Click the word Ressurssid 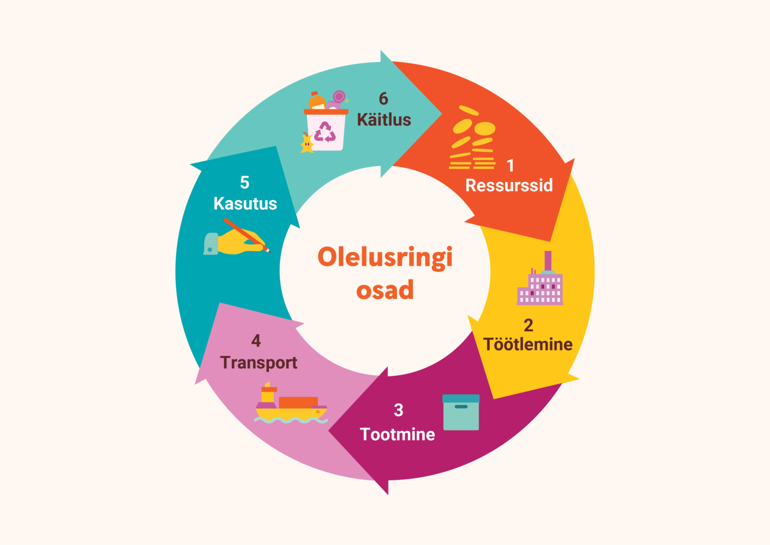click(509, 186)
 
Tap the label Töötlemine click(528, 344)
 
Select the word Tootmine click(398, 434)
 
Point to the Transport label click(259, 363)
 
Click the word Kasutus click(245, 203)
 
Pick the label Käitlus click(384, 119)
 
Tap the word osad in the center click(385, 290)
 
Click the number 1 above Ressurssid click(510, 166)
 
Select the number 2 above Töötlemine click(528, 325)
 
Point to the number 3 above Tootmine click(399, 410)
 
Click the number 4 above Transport click(256, 341)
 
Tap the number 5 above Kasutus click(245, 182)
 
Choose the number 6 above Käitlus click(383, 98)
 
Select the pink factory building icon click(540, 278)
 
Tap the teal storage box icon click(461, 412)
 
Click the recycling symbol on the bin click(325, 131)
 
